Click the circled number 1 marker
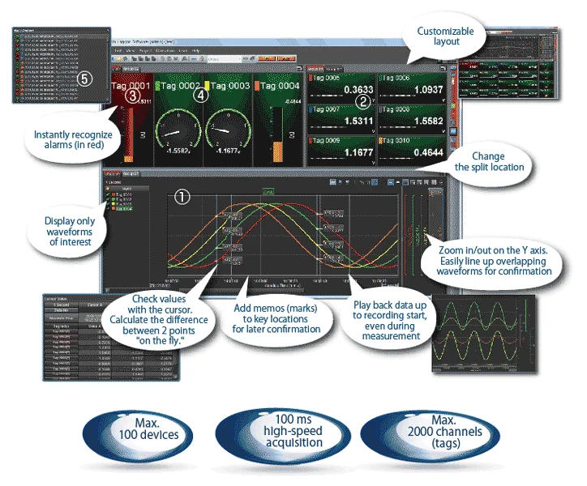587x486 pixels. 182,196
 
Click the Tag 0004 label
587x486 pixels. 279,85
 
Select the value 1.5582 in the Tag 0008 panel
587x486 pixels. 423,120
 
